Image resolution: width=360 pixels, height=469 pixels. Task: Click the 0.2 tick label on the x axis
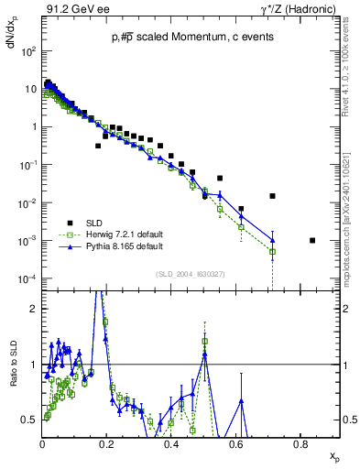[107, 444]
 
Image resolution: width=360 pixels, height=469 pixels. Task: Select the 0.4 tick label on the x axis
[171, 444]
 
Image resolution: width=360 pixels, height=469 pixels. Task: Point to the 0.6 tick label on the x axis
[235, 444]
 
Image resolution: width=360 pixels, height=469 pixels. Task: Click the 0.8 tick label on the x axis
[300, 444]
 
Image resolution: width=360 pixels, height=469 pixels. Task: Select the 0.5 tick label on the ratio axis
[30, 420]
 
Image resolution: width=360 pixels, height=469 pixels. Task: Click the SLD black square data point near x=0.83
[312, 241]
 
